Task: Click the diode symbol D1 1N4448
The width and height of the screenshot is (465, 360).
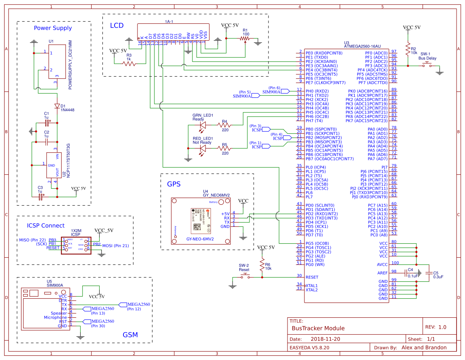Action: point(57,106)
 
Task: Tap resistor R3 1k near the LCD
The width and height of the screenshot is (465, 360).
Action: point(129,63)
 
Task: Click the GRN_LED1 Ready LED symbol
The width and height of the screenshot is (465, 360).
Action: point(202,125)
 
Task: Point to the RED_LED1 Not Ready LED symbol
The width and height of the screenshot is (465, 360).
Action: point(202,148)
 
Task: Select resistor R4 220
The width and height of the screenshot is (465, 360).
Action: point(224,125)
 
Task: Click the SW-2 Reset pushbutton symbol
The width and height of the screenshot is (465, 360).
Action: point(245,276)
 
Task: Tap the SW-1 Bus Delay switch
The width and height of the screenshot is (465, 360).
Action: point(428,64)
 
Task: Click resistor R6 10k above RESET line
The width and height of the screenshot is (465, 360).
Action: point(262,265)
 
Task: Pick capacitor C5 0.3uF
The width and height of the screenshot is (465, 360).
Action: point(429,273)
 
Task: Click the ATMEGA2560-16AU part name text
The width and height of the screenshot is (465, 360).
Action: point(363,47)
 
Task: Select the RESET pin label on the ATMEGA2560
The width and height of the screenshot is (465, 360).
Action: point(312,277)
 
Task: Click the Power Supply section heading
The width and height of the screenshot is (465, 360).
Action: point(53,28)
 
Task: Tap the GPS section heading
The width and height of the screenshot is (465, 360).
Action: point(174,184)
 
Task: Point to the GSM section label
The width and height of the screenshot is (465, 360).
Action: point(130,335)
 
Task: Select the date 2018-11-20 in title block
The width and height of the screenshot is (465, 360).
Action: point(325,339)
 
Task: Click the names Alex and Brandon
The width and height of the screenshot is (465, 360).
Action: point(424,347)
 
